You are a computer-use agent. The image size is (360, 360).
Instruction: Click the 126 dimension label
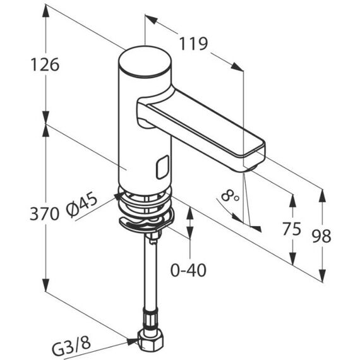(x=45, y=64)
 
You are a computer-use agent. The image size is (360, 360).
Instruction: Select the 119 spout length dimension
(x=193, y=44)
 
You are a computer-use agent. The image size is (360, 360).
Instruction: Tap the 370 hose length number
(x=44, y=213)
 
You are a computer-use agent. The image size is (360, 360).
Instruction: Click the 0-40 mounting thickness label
(x=188, y=270)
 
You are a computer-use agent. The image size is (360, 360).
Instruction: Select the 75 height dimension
(x=292, y=229)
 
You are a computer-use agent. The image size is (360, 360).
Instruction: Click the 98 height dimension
(x=321, y=236)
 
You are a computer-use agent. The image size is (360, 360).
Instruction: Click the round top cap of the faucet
(x=145, y=61)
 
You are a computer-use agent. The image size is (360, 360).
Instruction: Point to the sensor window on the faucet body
(x=162, y=167)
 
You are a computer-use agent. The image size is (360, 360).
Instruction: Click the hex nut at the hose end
(x=150, y=342)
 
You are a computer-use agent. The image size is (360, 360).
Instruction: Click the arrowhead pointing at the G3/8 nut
(x=132, y=342)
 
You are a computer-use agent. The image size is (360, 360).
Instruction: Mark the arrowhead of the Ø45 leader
(x=119, y=196)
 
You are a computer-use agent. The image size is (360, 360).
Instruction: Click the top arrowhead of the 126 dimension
(x=45, y=11)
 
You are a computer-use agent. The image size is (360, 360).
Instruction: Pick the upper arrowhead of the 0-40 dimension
(x=189, y=213)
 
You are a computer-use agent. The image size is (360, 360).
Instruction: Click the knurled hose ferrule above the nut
(x=150, y=320)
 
